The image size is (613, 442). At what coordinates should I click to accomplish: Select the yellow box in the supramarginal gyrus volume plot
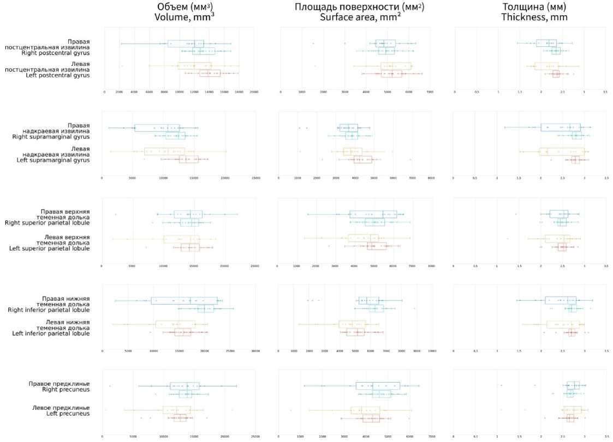pos(164,152)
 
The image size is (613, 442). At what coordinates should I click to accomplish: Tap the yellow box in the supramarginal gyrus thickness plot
pos(561,152)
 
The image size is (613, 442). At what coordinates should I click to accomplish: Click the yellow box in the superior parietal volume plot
pos(181,239)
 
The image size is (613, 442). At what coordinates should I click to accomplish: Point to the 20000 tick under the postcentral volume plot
pos(254,92)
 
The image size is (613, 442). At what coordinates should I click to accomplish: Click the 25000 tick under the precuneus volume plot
pos(255,437)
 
